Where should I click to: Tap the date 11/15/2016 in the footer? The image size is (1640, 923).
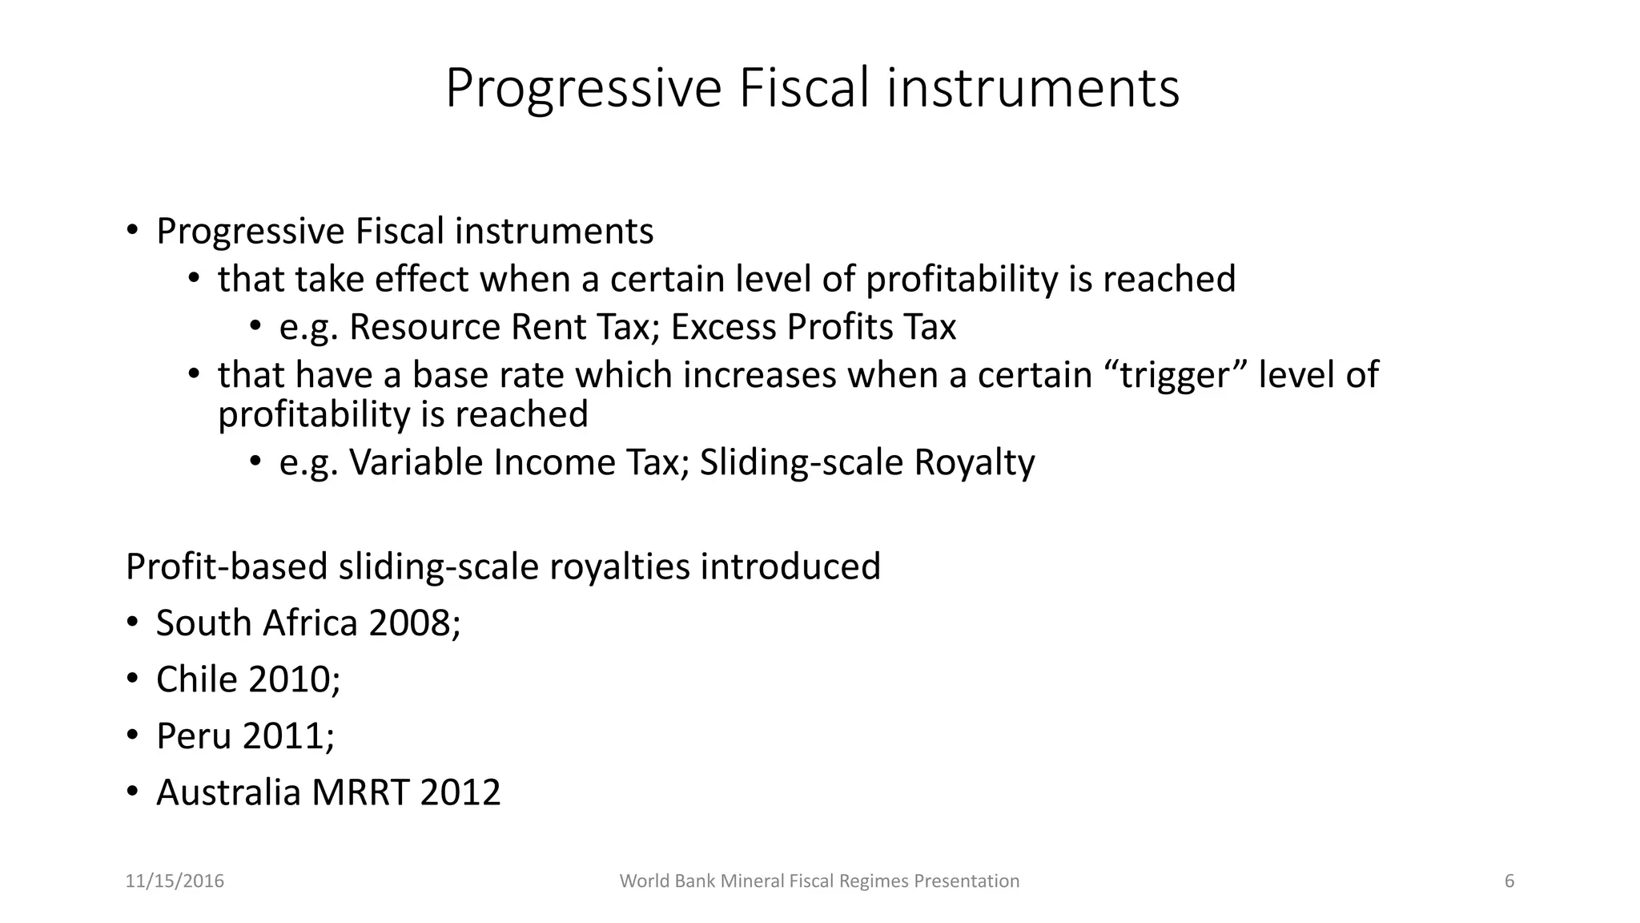coord(175,881)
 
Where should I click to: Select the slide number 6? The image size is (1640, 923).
coord(1509,881)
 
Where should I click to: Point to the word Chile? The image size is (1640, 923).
coord(196,679)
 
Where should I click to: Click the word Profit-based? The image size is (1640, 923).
coord(227,566)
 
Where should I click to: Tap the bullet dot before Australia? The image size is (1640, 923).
coord(133,792)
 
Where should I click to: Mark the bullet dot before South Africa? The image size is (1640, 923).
coord(133,623)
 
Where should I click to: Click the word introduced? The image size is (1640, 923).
coord(790,566)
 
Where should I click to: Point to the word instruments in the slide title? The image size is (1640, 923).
coord(1033,88)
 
